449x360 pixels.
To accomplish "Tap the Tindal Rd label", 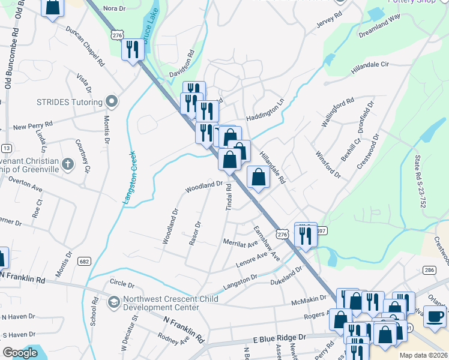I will click(x=229, y=197).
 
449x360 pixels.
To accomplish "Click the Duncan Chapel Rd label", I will click(x=86, y=46).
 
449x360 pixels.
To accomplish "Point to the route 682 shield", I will click(x=84, y=261).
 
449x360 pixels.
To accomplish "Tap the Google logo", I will click(x=20, y=353).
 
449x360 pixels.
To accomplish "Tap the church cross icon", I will click(x=68, y=163).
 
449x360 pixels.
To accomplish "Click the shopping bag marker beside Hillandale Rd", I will click(x=258, y=177).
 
